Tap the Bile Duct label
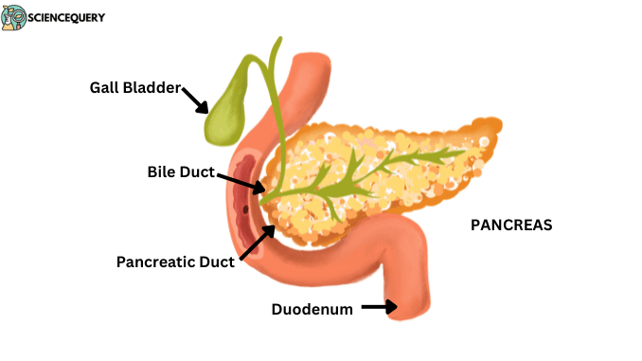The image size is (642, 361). click(181, 172)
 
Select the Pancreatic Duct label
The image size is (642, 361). click(174, 261)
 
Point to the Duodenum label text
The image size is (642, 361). click(312, 309)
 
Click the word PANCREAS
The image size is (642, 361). click(511, 226)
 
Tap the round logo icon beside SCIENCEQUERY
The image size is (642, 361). click(13, 17)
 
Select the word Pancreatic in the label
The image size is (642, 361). click(152, 261)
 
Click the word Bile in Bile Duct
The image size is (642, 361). click(163, 172)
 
